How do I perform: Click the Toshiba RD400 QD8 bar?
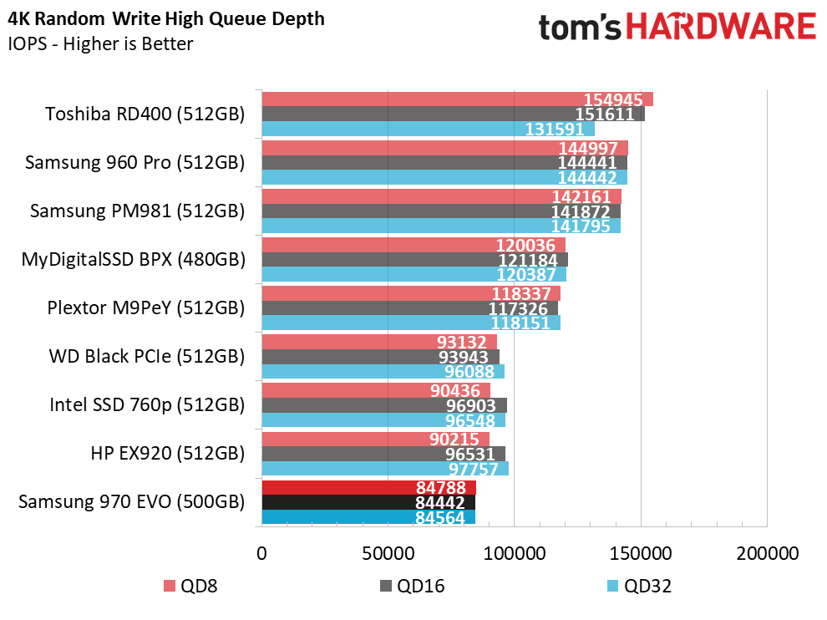point(457,99)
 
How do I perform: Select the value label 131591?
point(555,130)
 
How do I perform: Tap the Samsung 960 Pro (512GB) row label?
point(135,162)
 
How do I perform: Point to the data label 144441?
point(587,162)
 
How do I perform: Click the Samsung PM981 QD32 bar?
point(441,226)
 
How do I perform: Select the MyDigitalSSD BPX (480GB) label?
point(134,259)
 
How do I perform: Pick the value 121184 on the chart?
point(528,260)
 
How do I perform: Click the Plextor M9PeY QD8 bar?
point(411,293)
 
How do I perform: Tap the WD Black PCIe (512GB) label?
point(147,356)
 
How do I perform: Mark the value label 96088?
point(469,372)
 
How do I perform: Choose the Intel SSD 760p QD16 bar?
point(384,405)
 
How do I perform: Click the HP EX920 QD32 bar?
point(386,469)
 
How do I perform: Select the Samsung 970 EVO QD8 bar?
point(369,487)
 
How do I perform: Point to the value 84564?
point(440,517)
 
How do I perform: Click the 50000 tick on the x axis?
point(388,553)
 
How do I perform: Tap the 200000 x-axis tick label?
point(768,553)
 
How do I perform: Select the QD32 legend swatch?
point(612,587)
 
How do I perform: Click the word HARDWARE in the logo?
point(721,27)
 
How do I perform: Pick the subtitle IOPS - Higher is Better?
point(101,43)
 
